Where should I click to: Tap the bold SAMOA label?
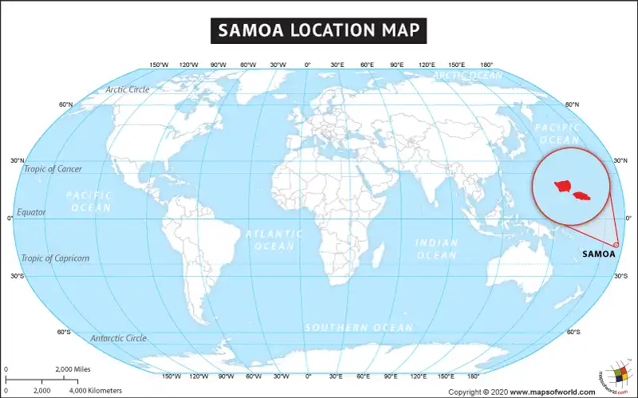click(599, 254)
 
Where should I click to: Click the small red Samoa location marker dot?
click(616, 245)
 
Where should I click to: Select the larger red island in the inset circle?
click(562, 187)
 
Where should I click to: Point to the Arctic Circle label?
click(128, 89)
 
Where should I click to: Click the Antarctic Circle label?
click(118, 338)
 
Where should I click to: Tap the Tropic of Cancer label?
click(53, 169)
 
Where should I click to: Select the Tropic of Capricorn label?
click(56, 258)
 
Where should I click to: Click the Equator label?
click(32, 213)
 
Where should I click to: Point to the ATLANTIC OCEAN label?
click(274, 240)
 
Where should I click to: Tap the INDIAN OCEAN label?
click(436, 249)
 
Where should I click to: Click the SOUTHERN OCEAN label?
click(359, 328)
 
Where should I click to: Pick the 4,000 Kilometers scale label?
click(96, 390)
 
